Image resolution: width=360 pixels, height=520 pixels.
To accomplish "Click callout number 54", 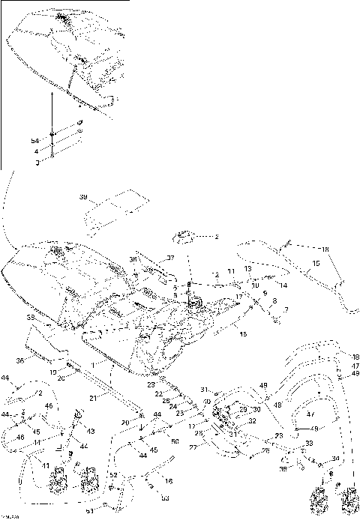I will tap(34, 141).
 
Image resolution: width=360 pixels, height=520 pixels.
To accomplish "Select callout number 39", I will tap(83, 197).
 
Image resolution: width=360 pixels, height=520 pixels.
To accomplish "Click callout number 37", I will tap(170, 258).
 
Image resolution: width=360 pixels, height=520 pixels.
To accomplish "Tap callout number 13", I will tap(247, 268).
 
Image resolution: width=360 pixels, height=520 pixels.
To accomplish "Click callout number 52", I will tap(113, 475).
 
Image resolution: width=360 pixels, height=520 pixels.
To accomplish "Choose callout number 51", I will tap(90, 511).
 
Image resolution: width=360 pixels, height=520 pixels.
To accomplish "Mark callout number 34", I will tap(335, 459).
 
